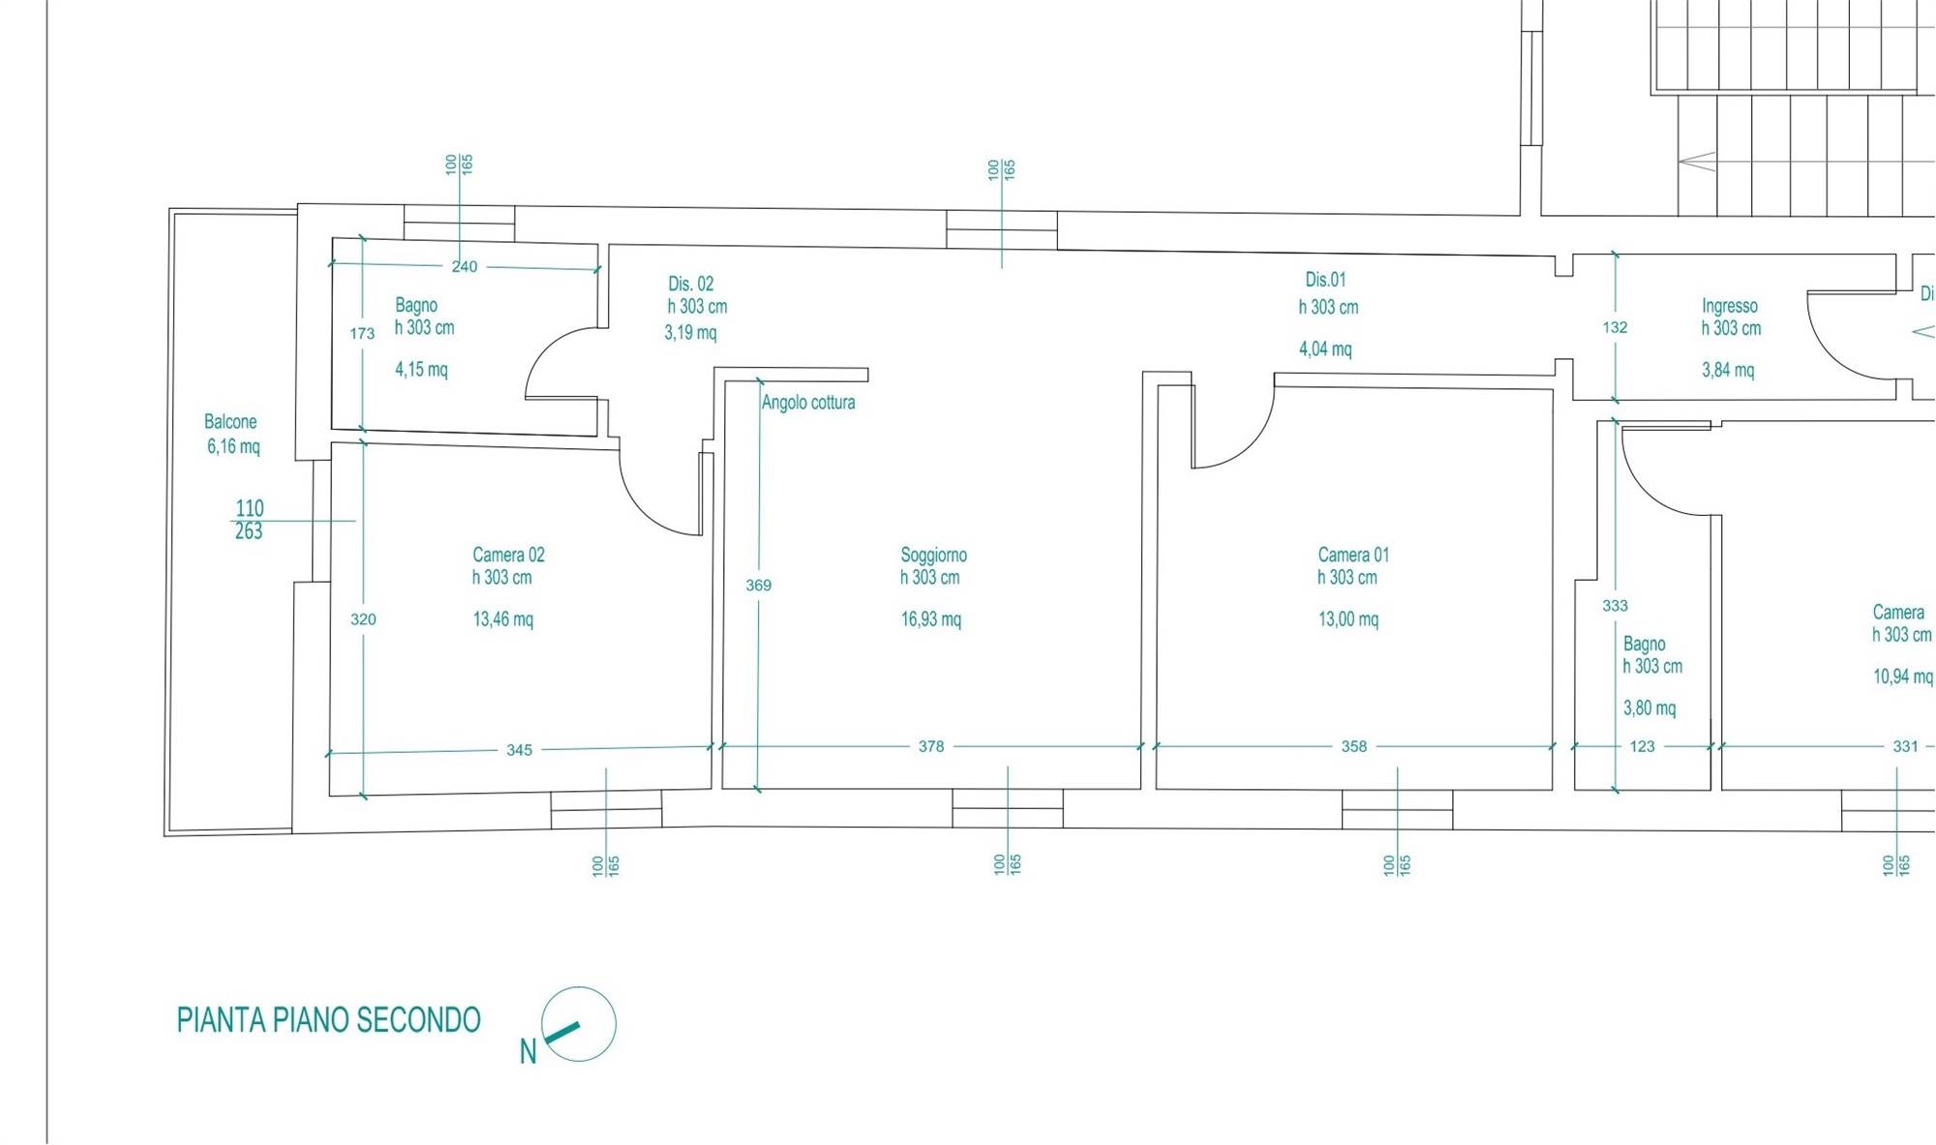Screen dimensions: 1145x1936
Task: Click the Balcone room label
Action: tap(230, 422)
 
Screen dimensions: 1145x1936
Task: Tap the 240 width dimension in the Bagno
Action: tap(465, 266)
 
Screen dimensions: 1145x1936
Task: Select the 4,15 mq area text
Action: tap(421, 370)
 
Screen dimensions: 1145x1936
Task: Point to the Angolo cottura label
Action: tap(808, 403)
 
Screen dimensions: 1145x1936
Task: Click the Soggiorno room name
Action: tap(933, 555)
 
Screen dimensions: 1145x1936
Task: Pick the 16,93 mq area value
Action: tap(931, 619)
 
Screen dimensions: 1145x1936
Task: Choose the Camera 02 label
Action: tap(508, 555)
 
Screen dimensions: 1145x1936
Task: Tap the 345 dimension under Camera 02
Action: tap(519, 750)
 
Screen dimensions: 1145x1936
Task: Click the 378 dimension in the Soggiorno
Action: tap(931, 746)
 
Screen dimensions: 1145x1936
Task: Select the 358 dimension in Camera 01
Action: tap(1354, 746)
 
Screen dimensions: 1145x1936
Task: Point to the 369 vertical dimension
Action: tap(759, 585)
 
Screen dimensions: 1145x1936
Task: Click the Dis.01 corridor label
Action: tap(1325, 280)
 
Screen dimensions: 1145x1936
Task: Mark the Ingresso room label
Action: tap(1730, 306)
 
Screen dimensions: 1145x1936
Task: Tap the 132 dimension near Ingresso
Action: tap(1615, 327)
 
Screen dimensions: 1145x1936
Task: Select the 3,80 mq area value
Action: tap(1649, 708)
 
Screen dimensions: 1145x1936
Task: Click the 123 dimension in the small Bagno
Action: tap(1643, 746)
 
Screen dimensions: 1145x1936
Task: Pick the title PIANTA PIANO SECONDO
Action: tap(328, 1020)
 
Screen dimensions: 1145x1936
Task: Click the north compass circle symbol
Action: tap(578, 1024)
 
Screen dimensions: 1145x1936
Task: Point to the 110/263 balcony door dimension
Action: tap(249, 520)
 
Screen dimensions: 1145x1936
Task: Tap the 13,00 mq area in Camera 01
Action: tap(1348, 619)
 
